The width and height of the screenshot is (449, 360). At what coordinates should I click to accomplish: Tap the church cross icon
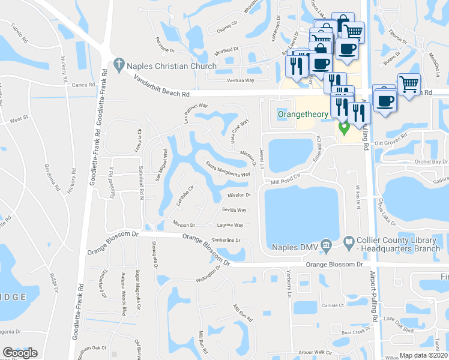pos(119,64)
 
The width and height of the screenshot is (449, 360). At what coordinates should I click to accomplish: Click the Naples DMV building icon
pos(326,244)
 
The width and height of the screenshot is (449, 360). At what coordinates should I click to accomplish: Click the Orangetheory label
pos(303,114)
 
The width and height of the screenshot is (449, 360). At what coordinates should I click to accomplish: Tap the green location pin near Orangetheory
pos(344,128)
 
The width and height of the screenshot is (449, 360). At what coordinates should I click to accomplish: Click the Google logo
pos(20,353)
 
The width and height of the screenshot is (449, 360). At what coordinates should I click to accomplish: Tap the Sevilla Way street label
pos(234,210)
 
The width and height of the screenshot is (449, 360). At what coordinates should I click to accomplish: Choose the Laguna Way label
pos(230,225)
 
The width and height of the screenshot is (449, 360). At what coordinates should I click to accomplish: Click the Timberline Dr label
pos(226,240)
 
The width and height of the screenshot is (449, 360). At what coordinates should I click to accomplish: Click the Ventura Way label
pos(240,80)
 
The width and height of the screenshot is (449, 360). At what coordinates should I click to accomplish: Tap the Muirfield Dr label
pos(225,50)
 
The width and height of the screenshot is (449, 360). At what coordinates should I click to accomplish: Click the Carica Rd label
pos(83,85)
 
